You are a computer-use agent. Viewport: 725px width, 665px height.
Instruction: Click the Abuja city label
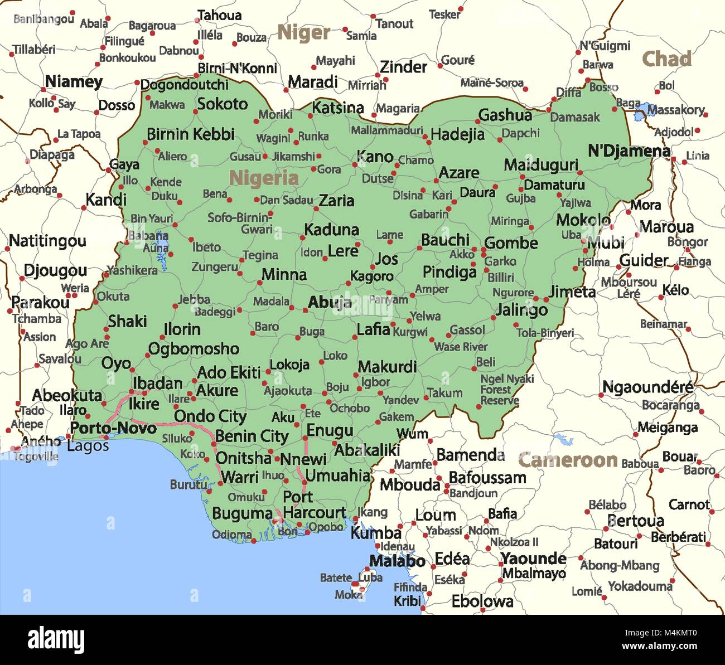[x=330, y=302]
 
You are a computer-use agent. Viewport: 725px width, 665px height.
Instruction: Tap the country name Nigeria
[x=264, y=178]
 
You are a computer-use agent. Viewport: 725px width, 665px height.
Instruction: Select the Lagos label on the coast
[x=88, y=446]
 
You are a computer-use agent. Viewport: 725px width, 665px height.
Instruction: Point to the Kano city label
[x=375, y=157]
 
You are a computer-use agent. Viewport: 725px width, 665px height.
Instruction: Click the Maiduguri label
[x=541, y=165]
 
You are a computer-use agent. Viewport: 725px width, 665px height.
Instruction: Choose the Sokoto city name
[x=223, y=104]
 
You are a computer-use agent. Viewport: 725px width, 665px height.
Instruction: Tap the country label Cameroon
[x=568, y=460]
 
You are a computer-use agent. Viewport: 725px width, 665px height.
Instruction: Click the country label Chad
[x=666, y=59]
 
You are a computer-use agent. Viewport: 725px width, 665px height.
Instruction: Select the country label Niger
[x=304, y=32]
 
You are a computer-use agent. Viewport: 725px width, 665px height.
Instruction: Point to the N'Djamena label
[x=629, y=151]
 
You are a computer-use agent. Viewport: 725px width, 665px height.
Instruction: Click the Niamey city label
[x=74, y=82]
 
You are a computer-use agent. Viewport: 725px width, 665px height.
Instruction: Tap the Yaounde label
[x=533, y=559]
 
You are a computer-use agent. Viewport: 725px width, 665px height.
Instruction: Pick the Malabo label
[x=397, y=561]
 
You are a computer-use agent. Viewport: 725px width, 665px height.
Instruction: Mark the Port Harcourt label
[x=313, y=504]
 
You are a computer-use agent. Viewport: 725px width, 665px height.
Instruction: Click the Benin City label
[x=252, y=436]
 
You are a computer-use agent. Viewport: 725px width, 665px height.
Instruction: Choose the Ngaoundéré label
[x=648, y=386]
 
